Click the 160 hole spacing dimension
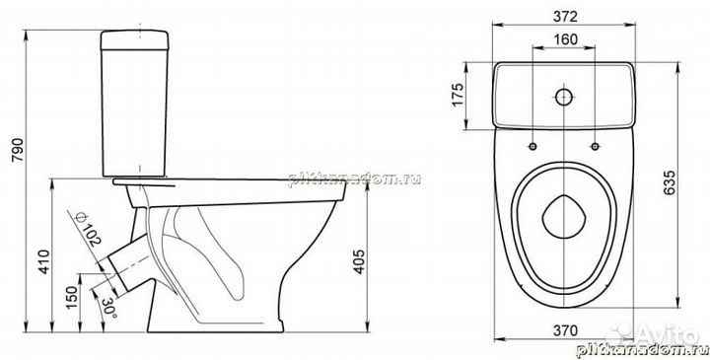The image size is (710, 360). (x=565, y=40)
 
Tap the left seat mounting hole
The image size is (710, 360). (x=533, y=147)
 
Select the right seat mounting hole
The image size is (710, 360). (x=596, y=147)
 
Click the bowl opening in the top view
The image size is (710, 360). (x=565, y=221)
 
